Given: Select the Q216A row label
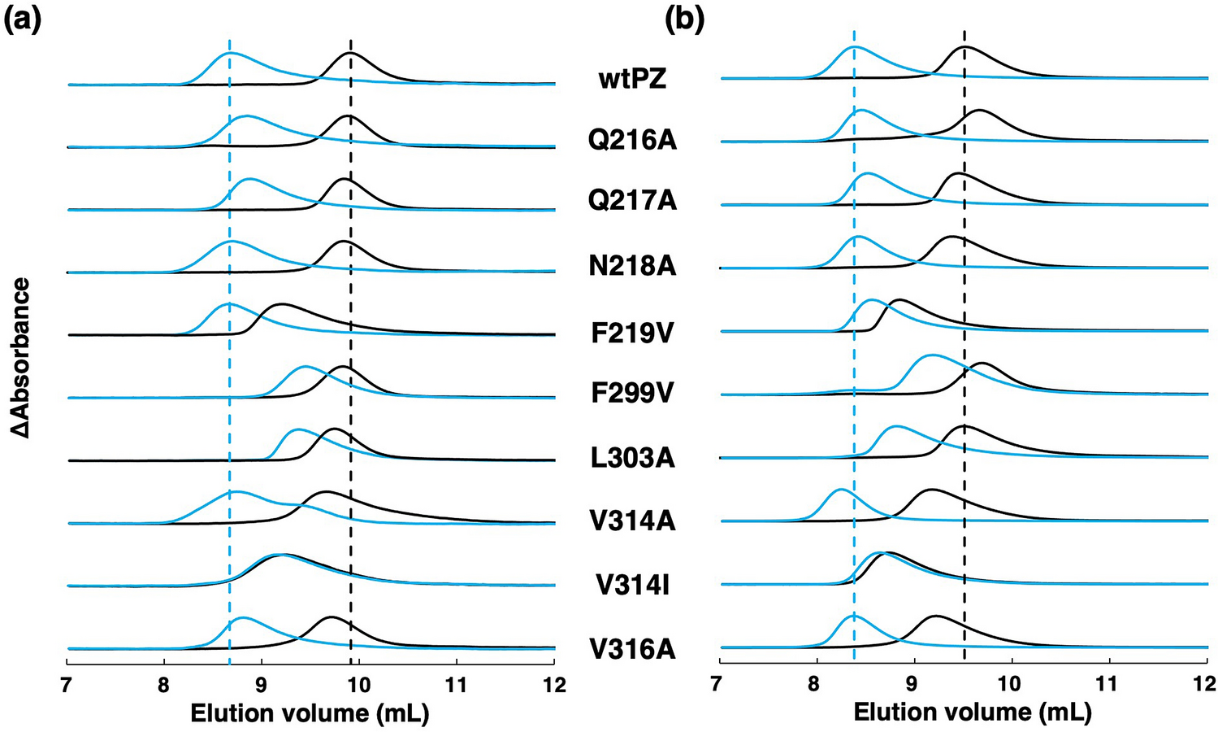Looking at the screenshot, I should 632,141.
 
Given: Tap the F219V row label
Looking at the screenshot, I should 632,333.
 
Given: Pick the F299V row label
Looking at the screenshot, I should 632,394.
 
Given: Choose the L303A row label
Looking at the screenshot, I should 632,458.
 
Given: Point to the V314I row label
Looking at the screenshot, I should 632,586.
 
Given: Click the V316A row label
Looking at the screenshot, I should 632,649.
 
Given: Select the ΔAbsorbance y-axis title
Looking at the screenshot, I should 22,358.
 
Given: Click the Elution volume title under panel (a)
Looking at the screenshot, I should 310,713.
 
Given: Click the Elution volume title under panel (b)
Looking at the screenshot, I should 973,713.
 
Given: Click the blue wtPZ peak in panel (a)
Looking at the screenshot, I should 230,53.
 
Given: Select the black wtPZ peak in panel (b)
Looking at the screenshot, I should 964,48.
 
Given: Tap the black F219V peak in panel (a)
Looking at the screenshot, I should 280,304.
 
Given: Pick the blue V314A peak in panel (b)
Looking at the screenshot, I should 840,490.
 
